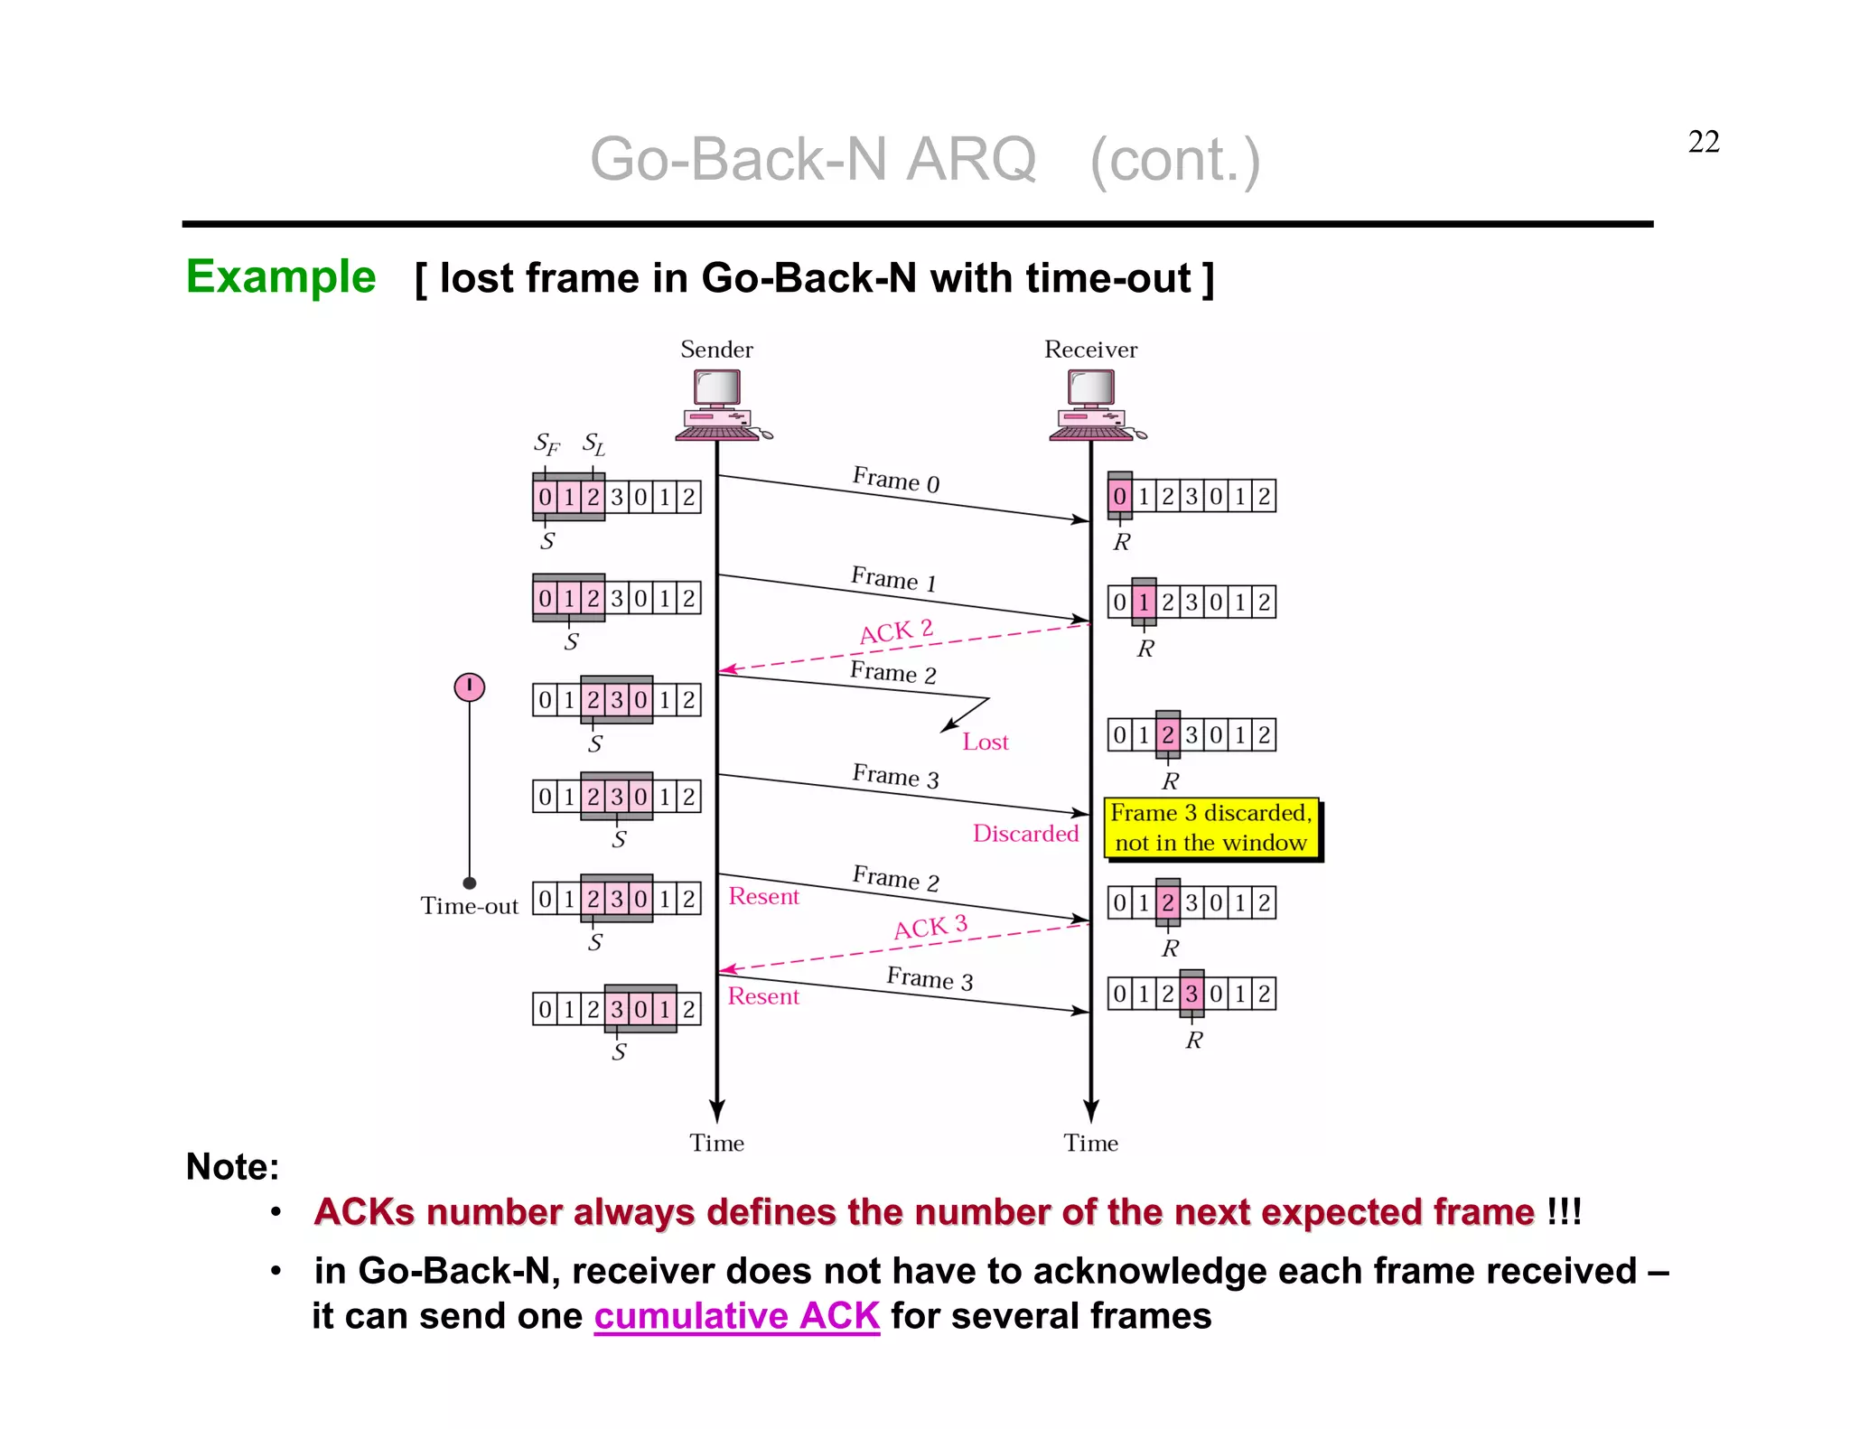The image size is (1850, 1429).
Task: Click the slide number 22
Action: click(x=1703, y=142)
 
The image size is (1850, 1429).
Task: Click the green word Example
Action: click(x=280, y=276)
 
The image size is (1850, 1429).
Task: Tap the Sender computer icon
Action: click(x=719, y=405)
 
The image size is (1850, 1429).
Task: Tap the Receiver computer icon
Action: click(x=1093, y=405)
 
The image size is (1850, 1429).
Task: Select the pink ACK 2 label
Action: click(x=895, y=630)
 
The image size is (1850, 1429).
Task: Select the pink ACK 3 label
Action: click(x=930, y=927)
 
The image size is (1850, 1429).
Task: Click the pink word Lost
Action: click(x=985, y=742)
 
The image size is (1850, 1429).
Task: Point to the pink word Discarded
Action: click(x=1025, y=833)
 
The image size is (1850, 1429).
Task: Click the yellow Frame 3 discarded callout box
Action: click(x=1210, y=827)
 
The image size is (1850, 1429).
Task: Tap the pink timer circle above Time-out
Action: click(x=469, y=687)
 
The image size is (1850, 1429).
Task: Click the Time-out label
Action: click(x=469, y=906)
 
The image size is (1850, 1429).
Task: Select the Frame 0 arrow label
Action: click(x=895, y=479)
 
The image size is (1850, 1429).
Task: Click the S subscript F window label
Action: click(x=547, y=444)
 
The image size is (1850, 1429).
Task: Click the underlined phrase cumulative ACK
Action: click(x=736, y=1315)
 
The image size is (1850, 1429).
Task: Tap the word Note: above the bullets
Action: click(x=232, y=1166)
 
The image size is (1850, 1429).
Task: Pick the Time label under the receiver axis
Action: click(x=1090, y=1143)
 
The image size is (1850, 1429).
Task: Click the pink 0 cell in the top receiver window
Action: click(x=1119, y=496)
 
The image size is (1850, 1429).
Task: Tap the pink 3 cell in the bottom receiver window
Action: click(x=1191, y=994)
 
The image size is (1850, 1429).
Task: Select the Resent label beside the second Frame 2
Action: click(x=763, y=896)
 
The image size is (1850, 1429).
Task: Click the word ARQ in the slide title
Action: click(x=970, y=159)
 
